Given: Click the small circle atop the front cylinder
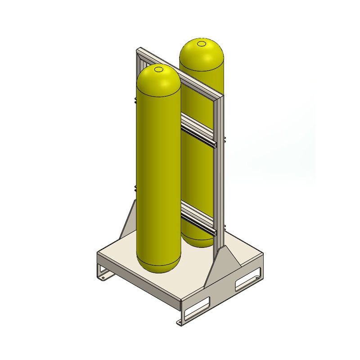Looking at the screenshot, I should [159, 70].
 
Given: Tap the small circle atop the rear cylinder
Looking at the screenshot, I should [201, 44].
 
